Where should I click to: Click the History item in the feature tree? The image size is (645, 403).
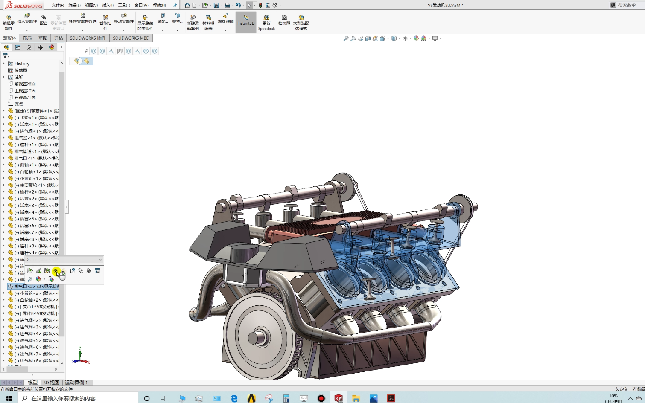pyautogui.click(x=22, y=64)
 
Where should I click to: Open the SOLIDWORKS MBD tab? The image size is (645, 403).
pyautogui.click(x=131, y=38)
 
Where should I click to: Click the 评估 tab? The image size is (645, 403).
pyautogui.click(x=58, y=38)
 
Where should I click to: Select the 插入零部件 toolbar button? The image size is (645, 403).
pyautogui.click(x=27, y=20)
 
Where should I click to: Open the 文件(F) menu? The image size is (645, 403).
pyautogui.click(x=58, y=5)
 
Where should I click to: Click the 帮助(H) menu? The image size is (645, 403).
pyautogui.click(x=159, y=5)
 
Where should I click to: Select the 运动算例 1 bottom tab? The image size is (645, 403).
pyautogui.click(x=76, y=383)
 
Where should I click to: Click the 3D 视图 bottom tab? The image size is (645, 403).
pyautogui.click(x=51, y=383)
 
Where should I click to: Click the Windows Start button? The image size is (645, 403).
pyautogui.click(x=9, y=398)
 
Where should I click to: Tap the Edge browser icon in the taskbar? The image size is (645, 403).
pyautogui.click(x=234, y=398)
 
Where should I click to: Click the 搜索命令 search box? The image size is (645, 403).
pyautogui.click(x=626, y=5)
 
